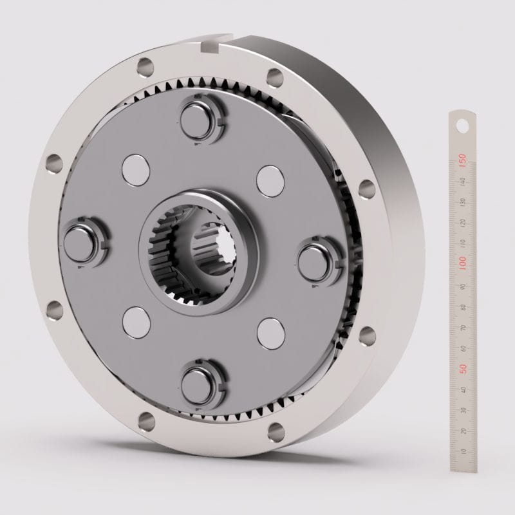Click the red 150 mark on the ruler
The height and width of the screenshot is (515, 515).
tap(462, 159)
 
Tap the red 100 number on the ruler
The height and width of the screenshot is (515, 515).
tap(462, 263)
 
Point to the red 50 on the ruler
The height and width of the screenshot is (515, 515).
tap(462, 369)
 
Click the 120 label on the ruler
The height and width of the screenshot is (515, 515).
tap(462, 222)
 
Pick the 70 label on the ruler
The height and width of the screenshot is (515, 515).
tap(462, 327)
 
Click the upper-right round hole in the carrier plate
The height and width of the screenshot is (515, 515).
tap(270, 180)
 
